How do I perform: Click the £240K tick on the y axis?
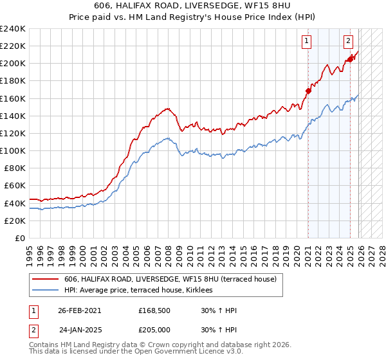(x=12, y=29)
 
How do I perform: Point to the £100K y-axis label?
(x=12, y=150)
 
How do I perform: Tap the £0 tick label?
(x=19, y=238)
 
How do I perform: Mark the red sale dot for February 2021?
(x=308, y=91)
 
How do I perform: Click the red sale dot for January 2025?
(x=351, y=59)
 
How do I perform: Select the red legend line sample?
(x=45, y=279)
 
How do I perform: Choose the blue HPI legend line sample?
(x=45, y=291)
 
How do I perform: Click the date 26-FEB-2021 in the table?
(x=79, y=310)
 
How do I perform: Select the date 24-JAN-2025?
(x=80, y=330)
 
